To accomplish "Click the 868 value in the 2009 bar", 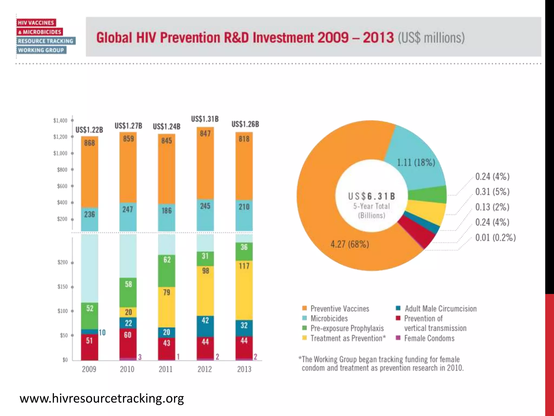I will (90, 143).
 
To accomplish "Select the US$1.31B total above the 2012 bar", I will (205, 119).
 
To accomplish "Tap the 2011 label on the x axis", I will (166, 369).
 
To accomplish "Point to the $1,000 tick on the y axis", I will (60, 153).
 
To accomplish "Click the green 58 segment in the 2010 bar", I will (128, 284).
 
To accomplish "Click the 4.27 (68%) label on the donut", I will (349, 244).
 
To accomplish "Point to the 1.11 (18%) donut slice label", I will (416, 162).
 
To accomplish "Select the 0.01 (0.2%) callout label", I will (495, 238).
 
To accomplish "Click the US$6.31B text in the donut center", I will (371, 196).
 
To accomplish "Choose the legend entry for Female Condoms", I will (429, 338).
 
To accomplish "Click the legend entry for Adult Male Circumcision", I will (440, 309).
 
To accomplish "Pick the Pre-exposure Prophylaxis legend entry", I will (347, 328).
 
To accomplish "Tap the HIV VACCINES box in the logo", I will (36, 23).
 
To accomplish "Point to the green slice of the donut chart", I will (427, 195).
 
